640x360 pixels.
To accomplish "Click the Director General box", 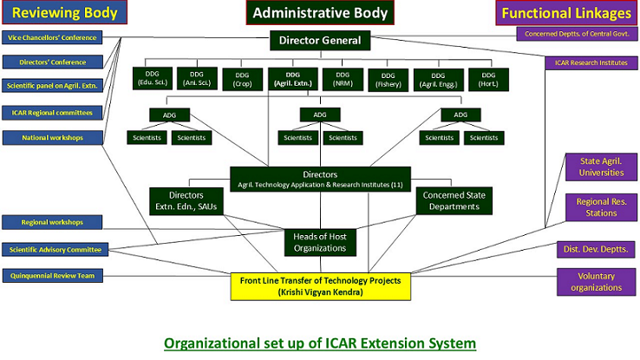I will pyautogui.click(x=320, y=40).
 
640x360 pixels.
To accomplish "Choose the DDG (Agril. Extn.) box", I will pyautogui.click(x=290, y=79).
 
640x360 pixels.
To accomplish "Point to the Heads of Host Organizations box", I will pyautogui.click(x=320, y=242).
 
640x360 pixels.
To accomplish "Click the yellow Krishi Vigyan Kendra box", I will pyautogui.click(x=320, y=284).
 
